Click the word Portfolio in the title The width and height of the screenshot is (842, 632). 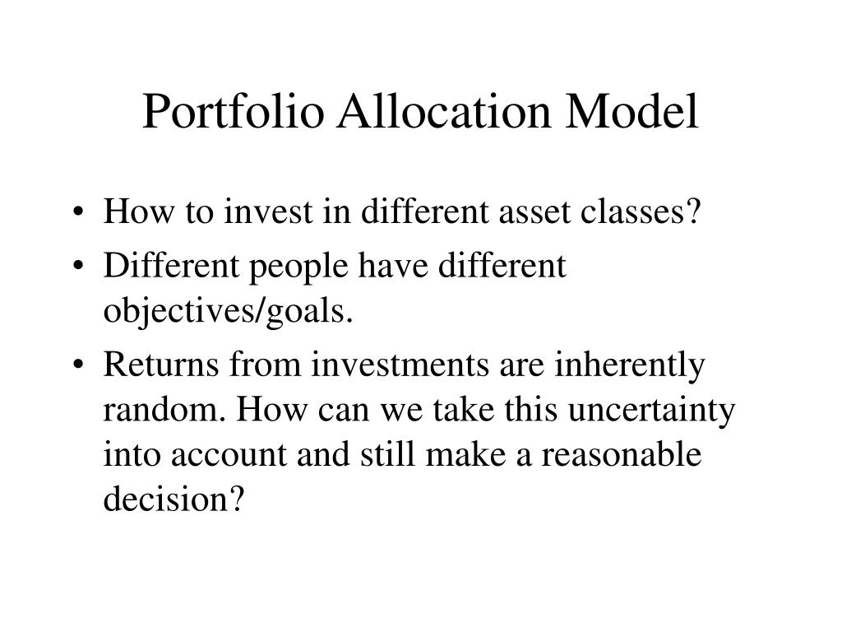point(234,111)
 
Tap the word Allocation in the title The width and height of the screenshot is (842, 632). point(444,111)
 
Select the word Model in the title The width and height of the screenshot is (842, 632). point(632,111)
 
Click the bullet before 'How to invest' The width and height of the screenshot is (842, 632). point(78,211)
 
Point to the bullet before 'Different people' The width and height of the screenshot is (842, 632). point(78,266)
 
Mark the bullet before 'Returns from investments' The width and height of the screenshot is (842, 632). point(78,365)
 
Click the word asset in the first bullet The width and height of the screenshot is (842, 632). point(534,212)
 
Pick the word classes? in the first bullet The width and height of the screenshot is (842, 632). point(641,211)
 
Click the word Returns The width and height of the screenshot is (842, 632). point(161,365)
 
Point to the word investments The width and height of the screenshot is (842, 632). point(400,365)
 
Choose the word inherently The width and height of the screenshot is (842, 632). point(629,365)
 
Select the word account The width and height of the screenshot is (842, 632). point(229,455)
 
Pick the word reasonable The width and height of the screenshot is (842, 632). point(622,454)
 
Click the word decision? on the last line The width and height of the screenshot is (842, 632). point(174,499)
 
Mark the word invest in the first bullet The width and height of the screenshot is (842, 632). point(268,211)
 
